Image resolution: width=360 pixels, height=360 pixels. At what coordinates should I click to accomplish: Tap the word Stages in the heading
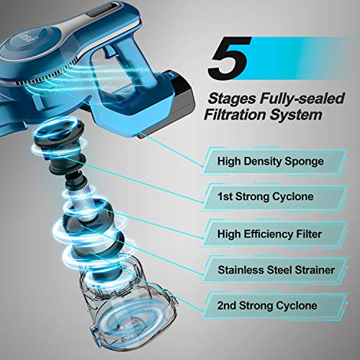[231, 99]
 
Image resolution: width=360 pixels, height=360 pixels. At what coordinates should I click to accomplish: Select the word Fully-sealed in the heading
[302, 99]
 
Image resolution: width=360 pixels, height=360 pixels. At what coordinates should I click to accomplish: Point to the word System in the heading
[295, 115]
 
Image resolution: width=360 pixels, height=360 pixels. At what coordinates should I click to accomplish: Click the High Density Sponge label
[271, 161]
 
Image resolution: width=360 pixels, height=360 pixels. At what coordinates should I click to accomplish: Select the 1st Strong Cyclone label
[266, 197]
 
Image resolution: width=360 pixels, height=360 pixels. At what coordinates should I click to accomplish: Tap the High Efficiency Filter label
[269, 234]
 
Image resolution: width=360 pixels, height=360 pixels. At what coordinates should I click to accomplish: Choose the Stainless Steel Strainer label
[276, 270]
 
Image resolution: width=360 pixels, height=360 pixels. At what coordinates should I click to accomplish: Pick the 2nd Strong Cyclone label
[267, 305]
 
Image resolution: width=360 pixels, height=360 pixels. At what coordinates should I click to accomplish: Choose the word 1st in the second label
[225, 197]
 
